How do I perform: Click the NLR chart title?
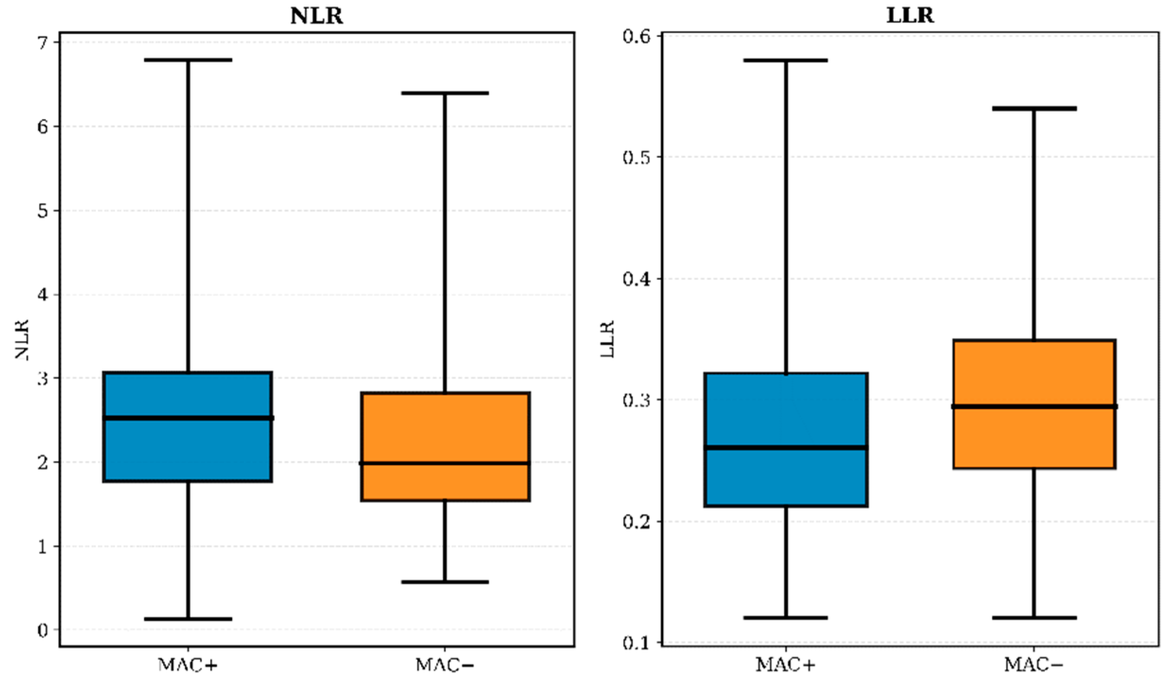(x=316, y=16)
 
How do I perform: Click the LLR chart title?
(x=910, y=16)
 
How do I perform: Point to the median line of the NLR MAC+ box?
(x=188, y=418)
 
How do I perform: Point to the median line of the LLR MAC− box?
(x=1034, y=406)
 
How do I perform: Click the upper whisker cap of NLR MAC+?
(x=188, y=60)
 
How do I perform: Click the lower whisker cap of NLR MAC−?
(x=445, y=582)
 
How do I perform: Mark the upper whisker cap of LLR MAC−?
(x=1034, y=109)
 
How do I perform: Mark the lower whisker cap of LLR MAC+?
(x=785, y=617)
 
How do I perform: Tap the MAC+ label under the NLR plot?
(x=188, y=666)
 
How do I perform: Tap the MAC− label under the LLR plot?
(x=1034, y=666)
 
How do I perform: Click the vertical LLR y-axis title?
(x=608, y=339)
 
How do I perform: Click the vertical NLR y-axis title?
(x=22, y=339)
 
